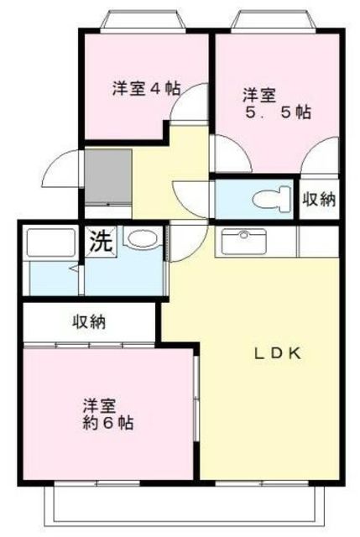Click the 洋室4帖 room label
coord(147,89)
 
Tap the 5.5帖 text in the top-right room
coord(278,112)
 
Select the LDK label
coord(278,353)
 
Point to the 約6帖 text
coord(108,423)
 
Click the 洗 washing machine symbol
coord(101,241)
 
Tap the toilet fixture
coord(271,199)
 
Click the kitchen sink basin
coord(243,242)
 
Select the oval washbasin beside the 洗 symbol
coord(143,237)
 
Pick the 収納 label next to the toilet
coord(320,199)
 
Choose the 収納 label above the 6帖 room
coord(89,321)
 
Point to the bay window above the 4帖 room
coord(143,22)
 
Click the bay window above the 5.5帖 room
coord(273,22)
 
